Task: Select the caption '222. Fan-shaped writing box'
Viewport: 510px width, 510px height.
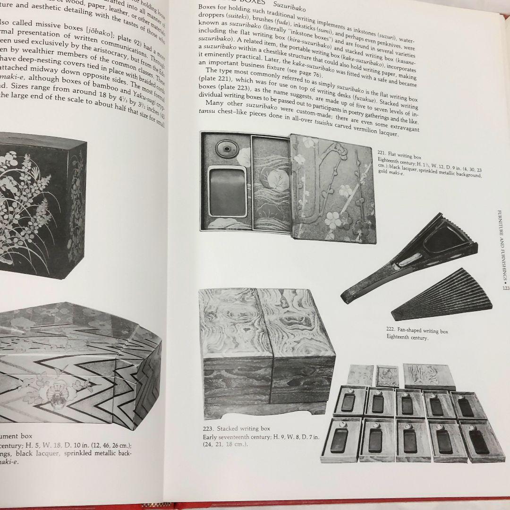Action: [x=417, y=331]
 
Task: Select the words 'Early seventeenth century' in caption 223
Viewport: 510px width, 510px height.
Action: [x=235, y=437]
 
